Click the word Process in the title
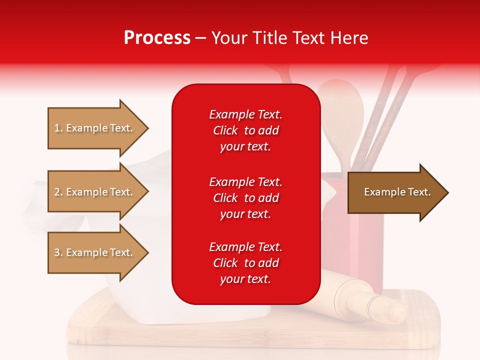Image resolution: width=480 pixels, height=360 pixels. point(157,38)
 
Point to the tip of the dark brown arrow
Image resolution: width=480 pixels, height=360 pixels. point(447,192)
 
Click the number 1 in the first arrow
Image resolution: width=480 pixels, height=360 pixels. point(57,128)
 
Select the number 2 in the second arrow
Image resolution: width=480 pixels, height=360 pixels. point(57,192)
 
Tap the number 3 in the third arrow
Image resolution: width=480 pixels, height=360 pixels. point(57,252)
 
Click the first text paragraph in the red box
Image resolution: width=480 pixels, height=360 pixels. point(245,130)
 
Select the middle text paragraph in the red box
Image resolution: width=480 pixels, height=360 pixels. point(245,198)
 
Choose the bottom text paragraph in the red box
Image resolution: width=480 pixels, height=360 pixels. point(245,263)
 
